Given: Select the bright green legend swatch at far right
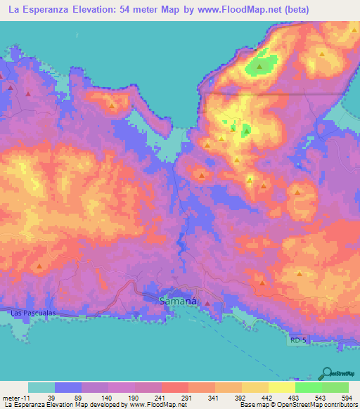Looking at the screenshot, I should [x=335, y=387].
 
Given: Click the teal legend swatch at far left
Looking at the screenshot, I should [x=41, y=387].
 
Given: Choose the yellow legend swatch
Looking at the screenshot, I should [x=281, y=387].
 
